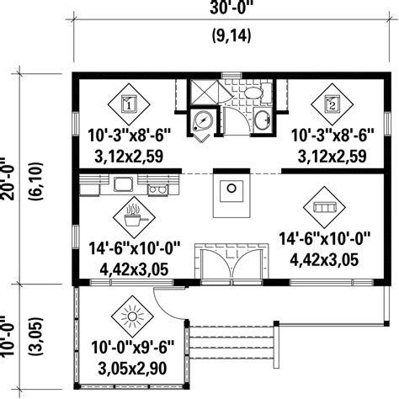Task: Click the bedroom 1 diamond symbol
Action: click(x=128, y=104)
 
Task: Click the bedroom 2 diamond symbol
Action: click(x=330, y=104)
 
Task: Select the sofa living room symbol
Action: click(x=323, y=205)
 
